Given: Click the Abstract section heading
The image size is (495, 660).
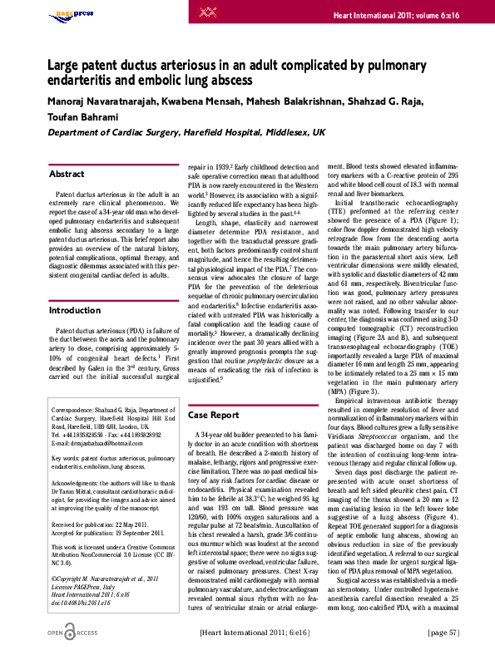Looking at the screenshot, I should [x=67, y=175].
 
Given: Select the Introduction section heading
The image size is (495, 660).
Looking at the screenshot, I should [x=75, y=311].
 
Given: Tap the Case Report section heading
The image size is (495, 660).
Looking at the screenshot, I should [x=214, y=415].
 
